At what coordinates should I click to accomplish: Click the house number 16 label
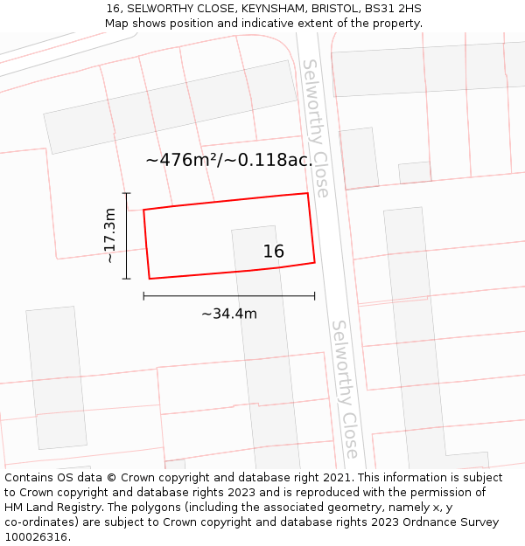click(x=274, y=252)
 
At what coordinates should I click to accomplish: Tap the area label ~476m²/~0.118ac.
click(x=229, y=160)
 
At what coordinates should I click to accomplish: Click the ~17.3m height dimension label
click(x=109, y=235)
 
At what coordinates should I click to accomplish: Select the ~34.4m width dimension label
click(x=229, y=314)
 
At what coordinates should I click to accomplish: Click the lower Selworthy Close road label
click(x=345, y=389)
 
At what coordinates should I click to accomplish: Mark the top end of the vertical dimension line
click(x=127, y=193)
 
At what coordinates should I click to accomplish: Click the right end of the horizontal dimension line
click(x=314, y=296)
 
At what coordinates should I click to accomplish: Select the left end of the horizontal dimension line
click(x=143, y=296)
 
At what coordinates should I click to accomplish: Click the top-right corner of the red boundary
click(x=307, y=193)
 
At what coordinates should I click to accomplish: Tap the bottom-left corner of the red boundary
click(x=150, y=279)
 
